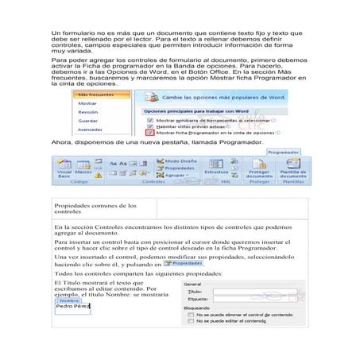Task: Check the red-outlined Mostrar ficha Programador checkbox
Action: (149, 132)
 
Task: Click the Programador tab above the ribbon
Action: (282, 151)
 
